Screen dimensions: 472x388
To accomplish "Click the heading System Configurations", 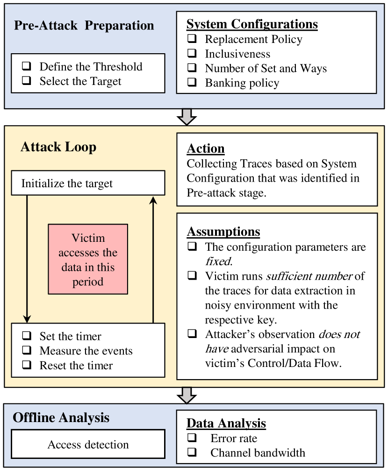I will coord(252,24).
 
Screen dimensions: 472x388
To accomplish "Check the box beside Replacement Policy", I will coord(192,39).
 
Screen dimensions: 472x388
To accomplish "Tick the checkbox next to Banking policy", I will coord(192,83).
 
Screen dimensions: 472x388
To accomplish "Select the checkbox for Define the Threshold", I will coord(26,66).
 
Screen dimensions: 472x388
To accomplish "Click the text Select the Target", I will coord(80,81).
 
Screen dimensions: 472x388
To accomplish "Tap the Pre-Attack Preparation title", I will coord(84,25).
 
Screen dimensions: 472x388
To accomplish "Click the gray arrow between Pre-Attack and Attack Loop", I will coord(187,117).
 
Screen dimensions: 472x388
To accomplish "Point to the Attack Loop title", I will coord(58,147).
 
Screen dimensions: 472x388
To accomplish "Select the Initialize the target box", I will coord(88,183).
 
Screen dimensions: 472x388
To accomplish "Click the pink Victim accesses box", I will coord(88,259).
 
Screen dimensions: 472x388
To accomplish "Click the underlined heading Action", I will coord(206,149).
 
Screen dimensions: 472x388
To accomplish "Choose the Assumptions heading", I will coord(223,232).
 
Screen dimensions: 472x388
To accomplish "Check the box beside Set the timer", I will coord(26,336).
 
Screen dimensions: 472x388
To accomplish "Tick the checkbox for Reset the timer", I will coord(26,365).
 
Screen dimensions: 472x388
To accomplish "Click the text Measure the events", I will coord(86,351).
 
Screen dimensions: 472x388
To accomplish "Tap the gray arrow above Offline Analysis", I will coord(187,395).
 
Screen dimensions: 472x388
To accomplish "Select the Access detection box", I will coord(88,444).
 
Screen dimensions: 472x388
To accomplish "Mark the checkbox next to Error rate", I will coord(192,438).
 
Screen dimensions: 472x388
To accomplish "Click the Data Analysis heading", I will coord(226,423).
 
